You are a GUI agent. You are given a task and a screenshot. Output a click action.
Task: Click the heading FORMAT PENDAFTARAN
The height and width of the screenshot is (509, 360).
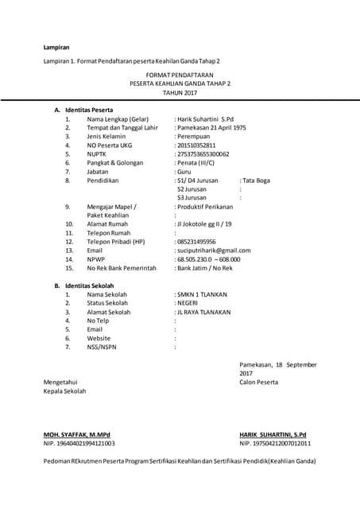(x=180, y=73)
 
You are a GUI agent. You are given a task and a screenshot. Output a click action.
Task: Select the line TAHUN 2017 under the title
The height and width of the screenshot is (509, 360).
(x=180, y=92)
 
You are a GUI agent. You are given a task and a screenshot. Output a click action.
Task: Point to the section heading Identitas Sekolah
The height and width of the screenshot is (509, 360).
(x=90, y=285)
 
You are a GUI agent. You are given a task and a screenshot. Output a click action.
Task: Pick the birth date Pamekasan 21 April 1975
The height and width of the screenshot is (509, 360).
(x=211, y=127)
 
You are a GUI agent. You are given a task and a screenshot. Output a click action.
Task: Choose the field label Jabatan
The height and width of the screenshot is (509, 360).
(x=99, y=172)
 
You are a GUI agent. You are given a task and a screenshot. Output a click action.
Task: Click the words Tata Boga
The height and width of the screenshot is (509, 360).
(x=256, y=181)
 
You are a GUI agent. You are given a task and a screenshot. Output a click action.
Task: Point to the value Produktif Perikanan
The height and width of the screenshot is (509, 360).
(x=207, y=207)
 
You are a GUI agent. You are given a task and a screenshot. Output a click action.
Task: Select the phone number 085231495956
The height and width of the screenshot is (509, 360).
(x=196, y=242)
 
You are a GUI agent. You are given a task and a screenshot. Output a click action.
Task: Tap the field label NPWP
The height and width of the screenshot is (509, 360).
(x=96, y=259)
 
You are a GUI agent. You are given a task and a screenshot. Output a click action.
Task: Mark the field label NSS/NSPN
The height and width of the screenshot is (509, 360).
(x=102, y=347)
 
